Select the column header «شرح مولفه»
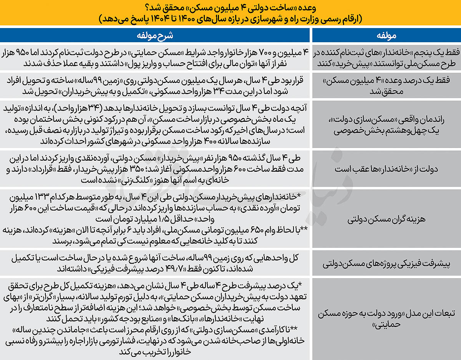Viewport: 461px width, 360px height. click(x=156, y=35)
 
